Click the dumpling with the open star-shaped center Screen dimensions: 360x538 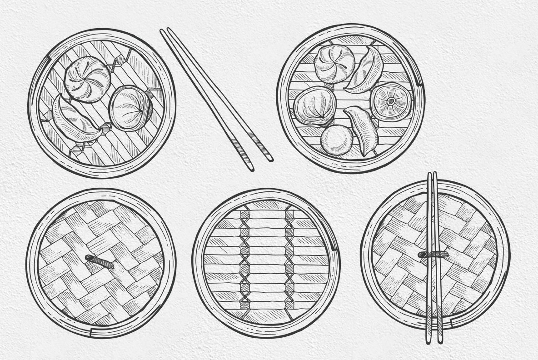tap(391, 101)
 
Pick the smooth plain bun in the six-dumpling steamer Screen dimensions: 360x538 tap(337, 140)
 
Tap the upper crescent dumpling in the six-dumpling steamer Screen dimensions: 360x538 tap(366, 70)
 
